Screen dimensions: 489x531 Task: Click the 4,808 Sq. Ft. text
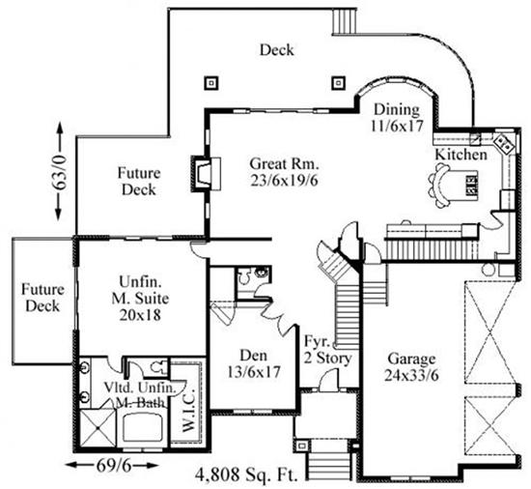247,475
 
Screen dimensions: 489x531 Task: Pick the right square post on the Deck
337,81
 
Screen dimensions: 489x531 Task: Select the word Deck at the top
276,49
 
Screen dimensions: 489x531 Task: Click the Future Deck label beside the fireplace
139,182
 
